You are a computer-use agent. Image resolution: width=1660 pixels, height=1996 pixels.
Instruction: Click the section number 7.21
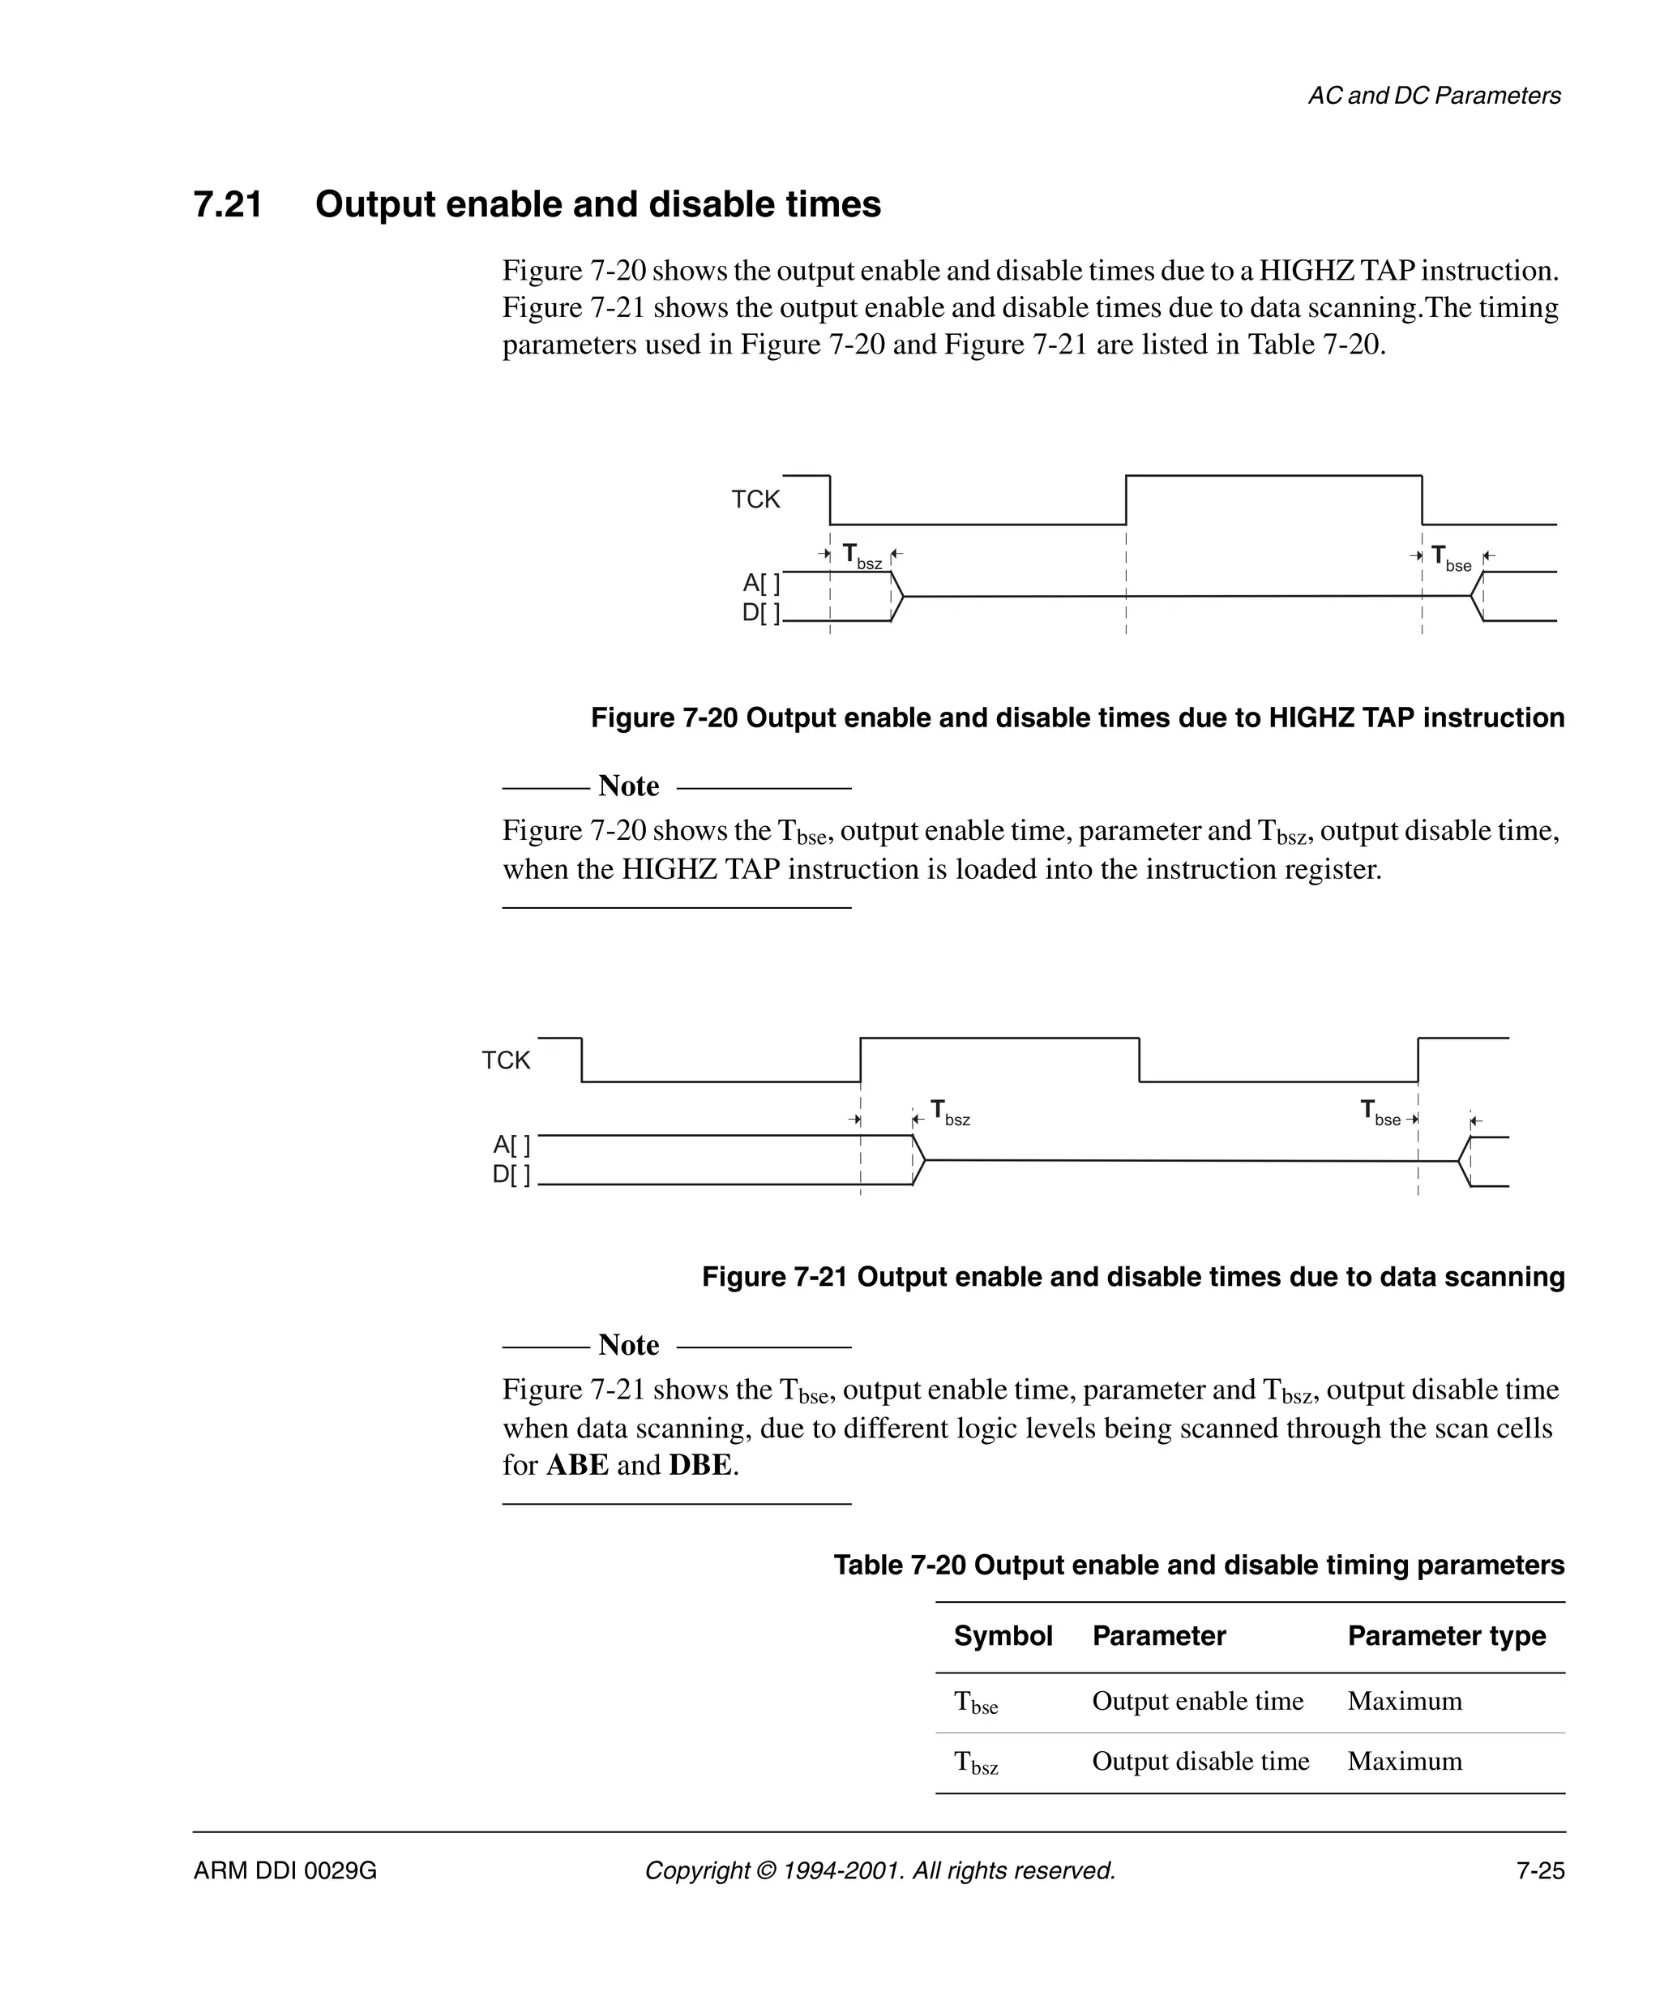coord(228,204)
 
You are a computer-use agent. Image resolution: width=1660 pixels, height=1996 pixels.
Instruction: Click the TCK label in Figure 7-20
coord(755,500)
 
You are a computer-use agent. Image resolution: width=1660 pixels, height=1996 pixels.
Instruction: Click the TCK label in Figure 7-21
coord(506,1060)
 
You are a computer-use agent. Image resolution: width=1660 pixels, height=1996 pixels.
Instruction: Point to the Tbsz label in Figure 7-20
coord(862,557)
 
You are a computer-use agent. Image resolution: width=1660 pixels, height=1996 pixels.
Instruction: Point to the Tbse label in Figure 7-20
coord(1451,558)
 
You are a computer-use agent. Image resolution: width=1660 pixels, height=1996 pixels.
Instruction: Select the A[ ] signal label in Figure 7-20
coord(761,583)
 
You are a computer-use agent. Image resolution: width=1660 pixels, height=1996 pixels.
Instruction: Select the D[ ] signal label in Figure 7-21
coord(511,1175)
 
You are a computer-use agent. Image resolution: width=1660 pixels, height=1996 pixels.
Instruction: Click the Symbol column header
coord(1003,1636)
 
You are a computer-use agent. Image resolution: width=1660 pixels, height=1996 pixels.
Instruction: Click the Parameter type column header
coord(1446,1636)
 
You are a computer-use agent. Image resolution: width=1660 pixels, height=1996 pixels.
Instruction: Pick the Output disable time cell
coord(1200,1761)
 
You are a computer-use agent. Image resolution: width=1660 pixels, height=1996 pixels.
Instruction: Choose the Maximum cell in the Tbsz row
coord(1405,1761)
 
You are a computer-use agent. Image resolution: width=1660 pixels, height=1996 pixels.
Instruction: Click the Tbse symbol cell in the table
coord(976,1703)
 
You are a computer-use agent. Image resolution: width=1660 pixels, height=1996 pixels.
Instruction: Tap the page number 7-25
coord(1540,1870)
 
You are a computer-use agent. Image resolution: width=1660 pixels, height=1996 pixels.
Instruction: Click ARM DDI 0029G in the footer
coord(285,1870)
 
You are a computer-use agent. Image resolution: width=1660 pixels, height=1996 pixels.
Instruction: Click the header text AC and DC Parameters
coord(1434,96)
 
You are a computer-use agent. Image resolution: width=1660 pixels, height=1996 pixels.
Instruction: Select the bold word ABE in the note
coord(577,1465)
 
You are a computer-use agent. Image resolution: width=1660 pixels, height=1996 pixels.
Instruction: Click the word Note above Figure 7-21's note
coord(628,1345)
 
